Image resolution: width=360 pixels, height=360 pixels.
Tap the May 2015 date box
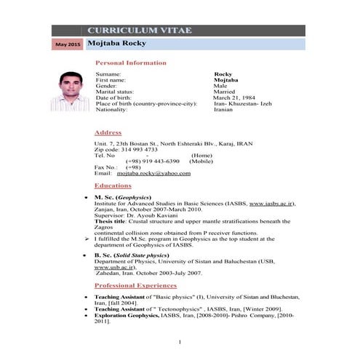click(68, 45)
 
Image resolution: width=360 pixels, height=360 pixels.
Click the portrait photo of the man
click(70, 90)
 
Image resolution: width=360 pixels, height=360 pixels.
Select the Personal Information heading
click(131, 63)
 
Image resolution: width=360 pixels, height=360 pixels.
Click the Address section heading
click(108, 132)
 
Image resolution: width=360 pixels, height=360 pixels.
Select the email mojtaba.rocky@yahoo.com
click(153, 173)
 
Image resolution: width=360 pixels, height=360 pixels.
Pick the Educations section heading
click(113, 186)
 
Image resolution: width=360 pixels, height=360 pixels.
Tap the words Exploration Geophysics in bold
click(126, 315)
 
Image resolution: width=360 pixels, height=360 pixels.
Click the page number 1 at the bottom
click(180, 342)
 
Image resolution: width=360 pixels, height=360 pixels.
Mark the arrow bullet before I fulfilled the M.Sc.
click(87, 238)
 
